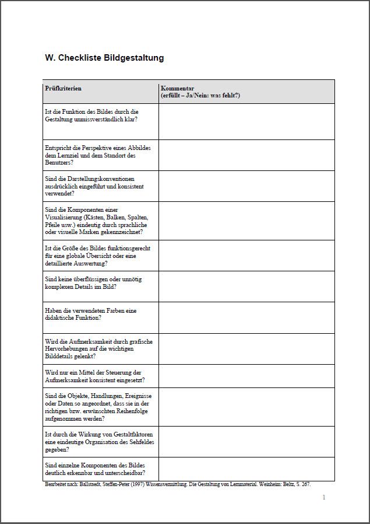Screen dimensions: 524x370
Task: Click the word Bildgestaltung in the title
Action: pyautogui.click(x=134, y=58)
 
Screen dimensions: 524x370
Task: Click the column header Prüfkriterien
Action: pyautogui.click(x=63, y=88)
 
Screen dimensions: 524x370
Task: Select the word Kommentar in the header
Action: pyautogui.click(x=178, y=88)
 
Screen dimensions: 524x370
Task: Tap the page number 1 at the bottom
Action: pyautogui.click(x=323, y=497)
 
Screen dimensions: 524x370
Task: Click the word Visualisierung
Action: pyautogui.click(x=64, y=217)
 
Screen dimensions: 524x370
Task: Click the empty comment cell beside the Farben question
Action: pyautogui.click(x=246, y=317)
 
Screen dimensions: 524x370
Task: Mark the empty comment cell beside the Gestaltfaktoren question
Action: pyautogui.click(x=246, y=442)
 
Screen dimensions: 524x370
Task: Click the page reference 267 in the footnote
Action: pyautogui.click(x=313, y=484)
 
